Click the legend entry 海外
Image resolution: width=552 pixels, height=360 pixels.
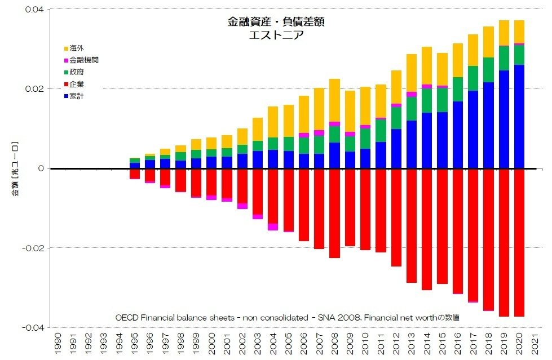[77, 48]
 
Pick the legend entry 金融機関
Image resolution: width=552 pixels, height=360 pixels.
[84, 60]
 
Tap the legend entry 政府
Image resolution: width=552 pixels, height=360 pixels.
[77, 72]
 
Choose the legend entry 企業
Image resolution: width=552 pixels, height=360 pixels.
[77, 84]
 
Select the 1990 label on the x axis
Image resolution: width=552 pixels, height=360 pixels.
[58, 344]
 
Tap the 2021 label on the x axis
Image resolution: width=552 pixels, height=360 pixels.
[535, 344]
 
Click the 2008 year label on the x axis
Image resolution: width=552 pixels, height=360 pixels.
[335, 344]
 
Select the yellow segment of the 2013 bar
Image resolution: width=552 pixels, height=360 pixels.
[412, 73]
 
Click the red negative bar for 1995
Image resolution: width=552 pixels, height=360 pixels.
[135, 174]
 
